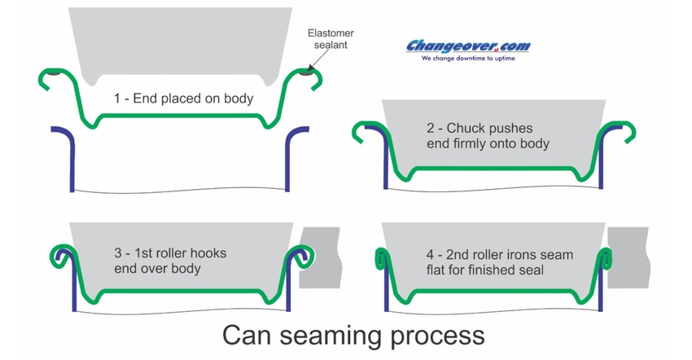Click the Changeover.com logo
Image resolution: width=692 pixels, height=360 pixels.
click(467, 46)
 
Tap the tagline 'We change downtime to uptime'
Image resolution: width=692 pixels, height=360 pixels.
click(467, 59)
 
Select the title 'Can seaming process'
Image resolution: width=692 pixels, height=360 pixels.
click(353, 335)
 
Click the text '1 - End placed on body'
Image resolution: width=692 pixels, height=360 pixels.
click(182, 99)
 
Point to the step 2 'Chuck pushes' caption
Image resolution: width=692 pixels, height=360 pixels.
click(488, 136)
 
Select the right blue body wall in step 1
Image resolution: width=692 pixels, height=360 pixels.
click(292, 159)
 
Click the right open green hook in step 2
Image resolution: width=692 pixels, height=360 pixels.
click(624, 131)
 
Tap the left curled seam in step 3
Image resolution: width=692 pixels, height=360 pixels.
click(60, 256)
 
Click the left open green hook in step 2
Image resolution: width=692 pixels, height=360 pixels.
click(361, 131)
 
